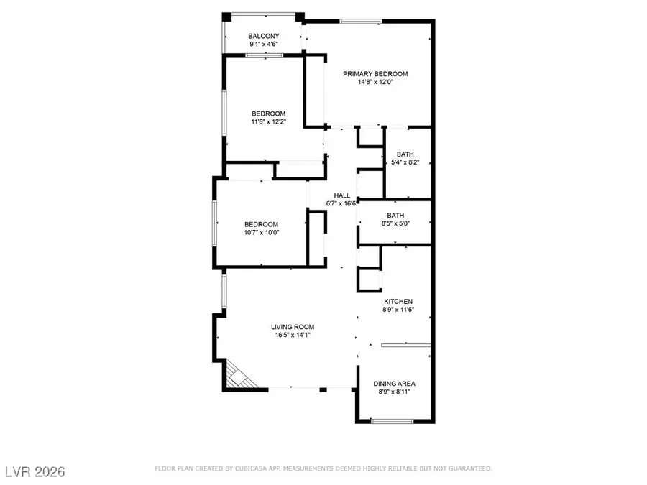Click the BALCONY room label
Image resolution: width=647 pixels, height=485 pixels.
264,36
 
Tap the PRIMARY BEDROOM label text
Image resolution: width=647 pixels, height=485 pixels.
375,74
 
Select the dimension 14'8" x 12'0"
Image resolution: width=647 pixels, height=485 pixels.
375,82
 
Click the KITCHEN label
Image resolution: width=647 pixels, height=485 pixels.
398,302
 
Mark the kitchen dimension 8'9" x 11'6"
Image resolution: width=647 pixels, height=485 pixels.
398,310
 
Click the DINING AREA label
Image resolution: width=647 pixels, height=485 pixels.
394,384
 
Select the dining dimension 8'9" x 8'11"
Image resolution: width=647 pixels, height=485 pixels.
394,392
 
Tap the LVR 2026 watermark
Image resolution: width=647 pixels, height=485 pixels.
33,471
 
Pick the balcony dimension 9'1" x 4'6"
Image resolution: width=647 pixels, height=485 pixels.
264,44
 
